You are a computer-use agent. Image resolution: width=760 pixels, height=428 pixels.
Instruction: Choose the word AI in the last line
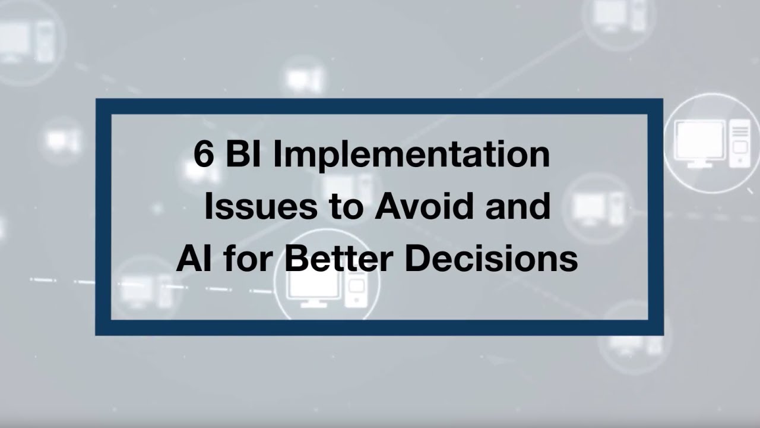click(190, 259)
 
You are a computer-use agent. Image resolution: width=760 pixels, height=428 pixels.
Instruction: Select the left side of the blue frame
click(103, 217)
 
